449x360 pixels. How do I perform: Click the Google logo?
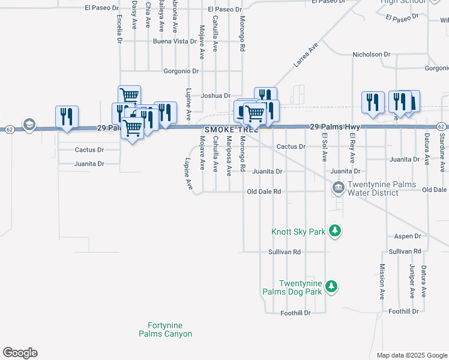coord(20,353)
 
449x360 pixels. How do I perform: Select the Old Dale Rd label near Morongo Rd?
coord(264,192)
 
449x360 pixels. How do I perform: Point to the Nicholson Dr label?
coord(371,55)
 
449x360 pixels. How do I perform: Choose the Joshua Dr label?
coord(215,95)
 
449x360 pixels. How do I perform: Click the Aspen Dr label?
coord(407,236)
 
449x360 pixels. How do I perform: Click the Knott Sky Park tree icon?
coord(336,230)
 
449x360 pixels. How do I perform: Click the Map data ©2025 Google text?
coord(411,355)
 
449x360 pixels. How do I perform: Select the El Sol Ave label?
coord(324,148)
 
